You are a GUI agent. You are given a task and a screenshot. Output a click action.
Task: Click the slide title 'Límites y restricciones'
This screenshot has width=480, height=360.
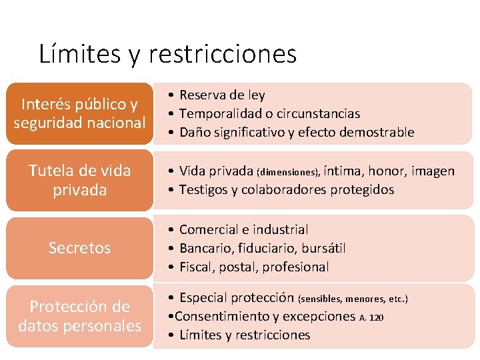(x=167, y=54)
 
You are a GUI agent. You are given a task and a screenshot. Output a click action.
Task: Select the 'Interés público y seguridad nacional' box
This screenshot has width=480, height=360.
(x=79, y=113)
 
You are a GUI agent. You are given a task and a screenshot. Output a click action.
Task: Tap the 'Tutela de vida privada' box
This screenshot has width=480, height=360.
(x=79, y=180)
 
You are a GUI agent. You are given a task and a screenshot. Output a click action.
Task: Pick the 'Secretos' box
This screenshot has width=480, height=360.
(x=79, y=248)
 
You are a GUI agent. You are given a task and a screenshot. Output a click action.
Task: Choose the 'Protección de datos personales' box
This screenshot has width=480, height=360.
(x=79, y=316)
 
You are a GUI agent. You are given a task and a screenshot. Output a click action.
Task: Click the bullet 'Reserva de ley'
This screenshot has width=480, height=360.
(x=222, y=95)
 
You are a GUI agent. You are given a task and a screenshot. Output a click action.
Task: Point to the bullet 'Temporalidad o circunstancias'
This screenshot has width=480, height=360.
(x=269, y=114)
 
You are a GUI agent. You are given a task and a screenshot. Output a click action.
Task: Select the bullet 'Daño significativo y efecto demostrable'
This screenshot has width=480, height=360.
(x=297, y=133)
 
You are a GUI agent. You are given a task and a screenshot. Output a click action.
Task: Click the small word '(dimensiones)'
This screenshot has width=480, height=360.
(x=289, y=172)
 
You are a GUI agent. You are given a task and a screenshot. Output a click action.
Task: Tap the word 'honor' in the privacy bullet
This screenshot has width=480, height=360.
(x=387, y=171)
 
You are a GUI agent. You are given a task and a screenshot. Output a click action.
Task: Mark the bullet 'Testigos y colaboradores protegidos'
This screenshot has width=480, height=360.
(x=287, y=189)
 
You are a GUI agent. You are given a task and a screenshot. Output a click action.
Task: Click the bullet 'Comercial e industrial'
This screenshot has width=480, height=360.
(x=243, y=230)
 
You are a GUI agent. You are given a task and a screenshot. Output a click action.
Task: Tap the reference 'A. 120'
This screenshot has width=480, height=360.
(x=371, y=318)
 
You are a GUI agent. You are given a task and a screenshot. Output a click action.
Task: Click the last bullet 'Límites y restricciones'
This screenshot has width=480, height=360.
(x=245, y=335)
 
